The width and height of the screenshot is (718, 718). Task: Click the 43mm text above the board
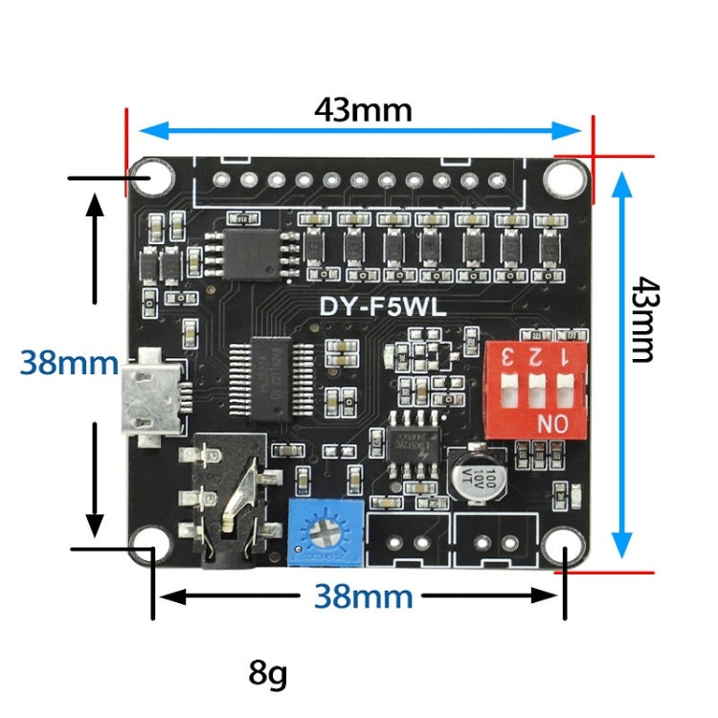pyautogui.click(x=363, y=110)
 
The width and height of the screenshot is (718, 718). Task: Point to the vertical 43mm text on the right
pyautogui.click(x=645, y=320)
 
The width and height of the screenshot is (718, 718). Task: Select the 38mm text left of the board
pyautogui.click(x=69, y=364)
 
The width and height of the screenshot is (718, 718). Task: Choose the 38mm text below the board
pyautogui.click(x=363, y=597)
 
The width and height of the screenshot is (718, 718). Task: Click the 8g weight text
pyautogui.click(x=267, y=674)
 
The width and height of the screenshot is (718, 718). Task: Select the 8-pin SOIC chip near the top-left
pyautogui.click(x=254, y=251)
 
